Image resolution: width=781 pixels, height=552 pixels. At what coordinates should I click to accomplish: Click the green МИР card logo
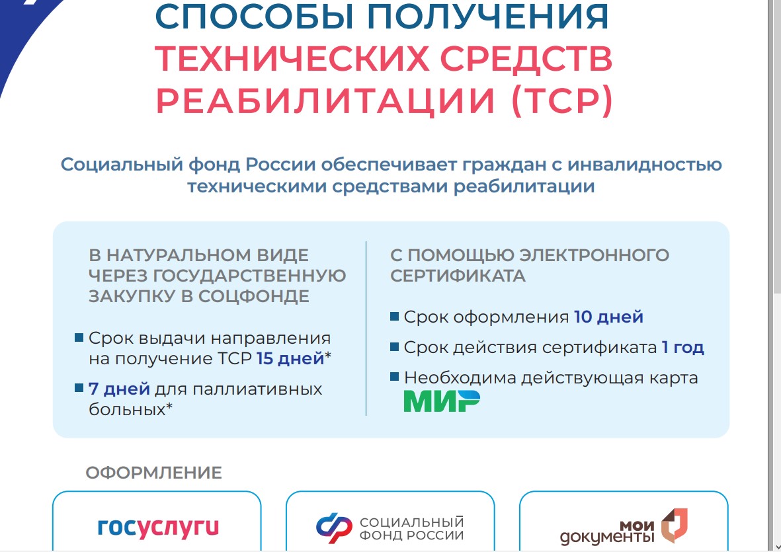(x=442, y=401)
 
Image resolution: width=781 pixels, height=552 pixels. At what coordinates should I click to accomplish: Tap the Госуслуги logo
(x=158, y=528)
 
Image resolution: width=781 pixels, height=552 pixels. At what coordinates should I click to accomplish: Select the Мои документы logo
(x=624, y=527)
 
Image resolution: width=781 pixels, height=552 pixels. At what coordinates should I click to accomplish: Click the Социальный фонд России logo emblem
(x=334, y=528)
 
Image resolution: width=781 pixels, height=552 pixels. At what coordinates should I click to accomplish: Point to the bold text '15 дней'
(x=290, y=358)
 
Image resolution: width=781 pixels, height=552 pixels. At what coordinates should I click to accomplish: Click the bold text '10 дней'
(x=608, y=317)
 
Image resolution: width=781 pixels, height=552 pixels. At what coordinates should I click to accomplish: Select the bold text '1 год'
(x=683, y=347)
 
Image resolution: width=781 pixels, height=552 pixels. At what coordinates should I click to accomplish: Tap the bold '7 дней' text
(x=119, y=389)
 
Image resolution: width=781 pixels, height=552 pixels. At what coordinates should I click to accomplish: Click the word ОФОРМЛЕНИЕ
(x=154, y=473)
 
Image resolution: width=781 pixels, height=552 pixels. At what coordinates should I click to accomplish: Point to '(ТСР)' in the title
(x=562, y=100)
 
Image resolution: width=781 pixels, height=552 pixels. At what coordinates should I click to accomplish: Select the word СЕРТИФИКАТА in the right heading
(x=458, y=275)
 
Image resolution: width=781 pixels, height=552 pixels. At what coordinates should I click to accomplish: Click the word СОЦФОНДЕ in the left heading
(x=254, y=296)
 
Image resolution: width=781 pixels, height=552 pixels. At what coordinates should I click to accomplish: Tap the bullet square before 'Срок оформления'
(x=395, y=316)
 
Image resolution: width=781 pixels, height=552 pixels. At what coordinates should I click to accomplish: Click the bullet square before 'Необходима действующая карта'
(x=395, y=377)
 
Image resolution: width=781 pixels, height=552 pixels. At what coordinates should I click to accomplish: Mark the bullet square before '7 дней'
(x=79, y=388)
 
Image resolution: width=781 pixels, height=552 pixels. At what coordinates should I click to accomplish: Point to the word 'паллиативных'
(x=257, y=389)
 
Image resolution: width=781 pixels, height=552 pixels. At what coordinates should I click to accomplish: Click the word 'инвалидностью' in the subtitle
(x=645, y=164)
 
